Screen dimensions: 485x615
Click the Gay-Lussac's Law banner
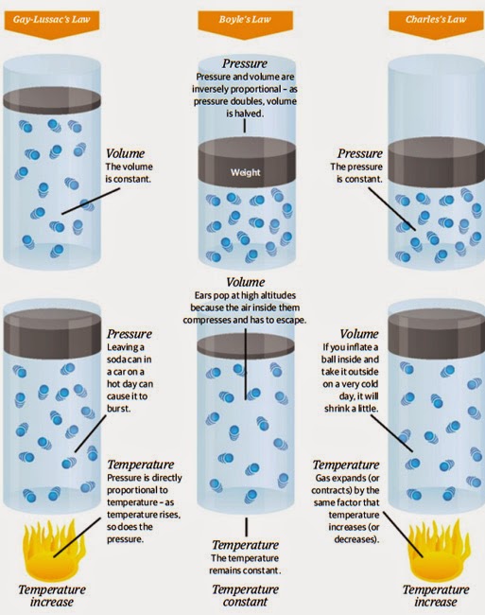(51, 23)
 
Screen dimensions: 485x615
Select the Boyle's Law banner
(245, 23)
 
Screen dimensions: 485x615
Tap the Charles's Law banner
(436, 23)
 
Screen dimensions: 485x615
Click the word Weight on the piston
(245, 172)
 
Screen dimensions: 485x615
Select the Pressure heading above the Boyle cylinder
(245, 63)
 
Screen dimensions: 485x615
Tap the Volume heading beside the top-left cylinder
(126, 153)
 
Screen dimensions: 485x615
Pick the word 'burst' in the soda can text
(118, 409)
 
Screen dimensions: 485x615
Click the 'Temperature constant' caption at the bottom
(245, 595)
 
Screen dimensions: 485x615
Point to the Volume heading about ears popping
(245, 282)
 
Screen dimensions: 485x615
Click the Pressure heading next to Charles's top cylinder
(360, 153)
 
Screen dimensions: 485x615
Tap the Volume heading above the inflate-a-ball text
(359, 334)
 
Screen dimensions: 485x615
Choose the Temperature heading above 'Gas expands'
(346, 465)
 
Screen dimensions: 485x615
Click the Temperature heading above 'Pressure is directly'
(141, 465)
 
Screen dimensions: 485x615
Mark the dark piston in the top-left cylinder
(52, 100)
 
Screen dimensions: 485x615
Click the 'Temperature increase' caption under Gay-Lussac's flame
(52, 595)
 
